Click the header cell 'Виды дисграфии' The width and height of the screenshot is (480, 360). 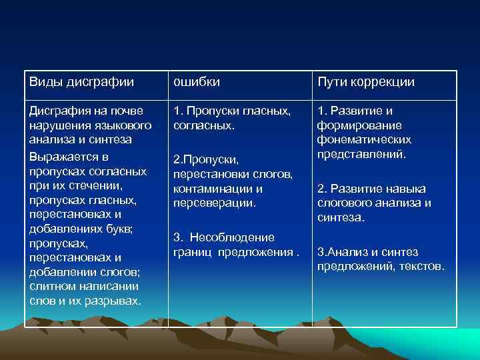[x=81, y=82]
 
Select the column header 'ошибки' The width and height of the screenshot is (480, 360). [x=197, y=82]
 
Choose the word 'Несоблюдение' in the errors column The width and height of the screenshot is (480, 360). [x=233, y=237]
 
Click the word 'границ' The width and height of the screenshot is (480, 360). [x=193, y=251]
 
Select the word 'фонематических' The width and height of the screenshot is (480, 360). [x=364, y=139]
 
